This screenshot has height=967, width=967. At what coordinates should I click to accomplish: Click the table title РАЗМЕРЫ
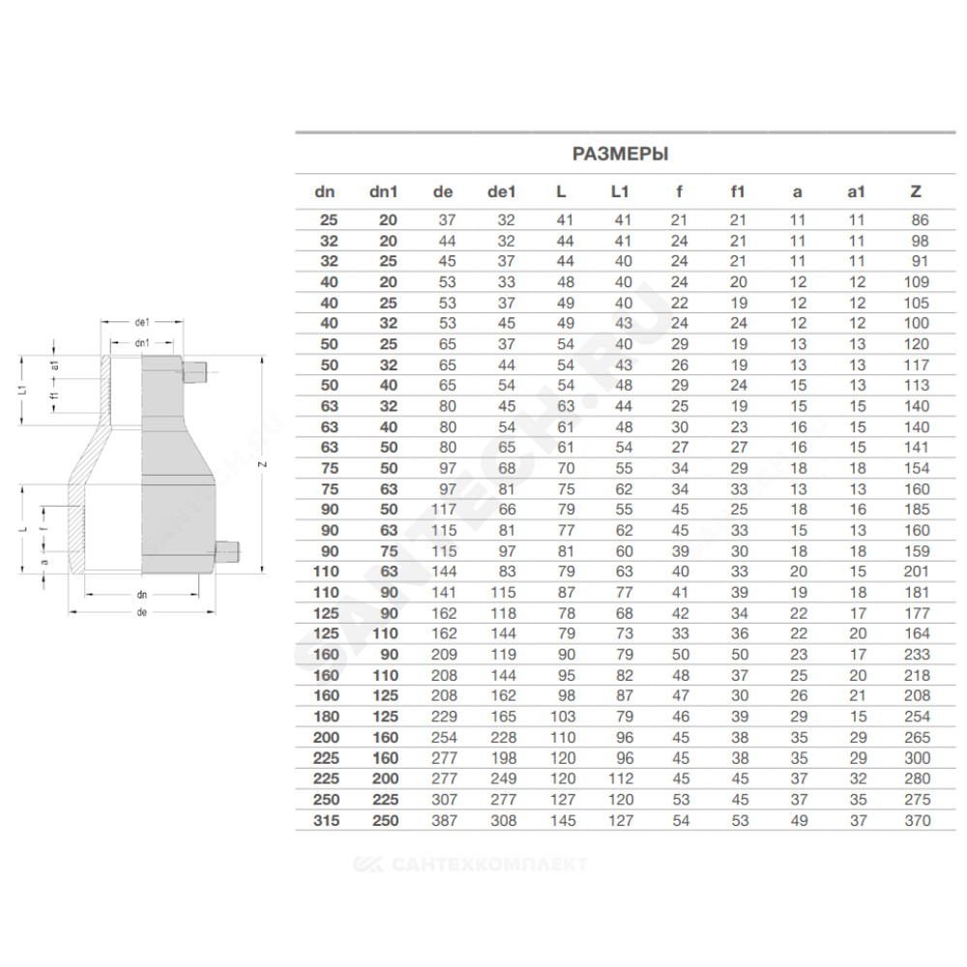621,154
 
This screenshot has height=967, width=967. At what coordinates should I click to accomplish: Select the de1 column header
501,191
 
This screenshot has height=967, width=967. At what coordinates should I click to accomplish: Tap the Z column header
916,191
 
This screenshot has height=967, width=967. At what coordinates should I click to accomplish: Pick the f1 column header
738,191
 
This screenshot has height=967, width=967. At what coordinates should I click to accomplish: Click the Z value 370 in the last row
917,820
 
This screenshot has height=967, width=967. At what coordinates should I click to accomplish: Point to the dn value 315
326,820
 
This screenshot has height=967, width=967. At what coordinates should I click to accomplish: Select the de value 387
444,820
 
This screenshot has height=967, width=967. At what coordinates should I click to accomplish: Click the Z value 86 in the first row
921,220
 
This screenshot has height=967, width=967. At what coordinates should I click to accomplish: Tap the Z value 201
917,571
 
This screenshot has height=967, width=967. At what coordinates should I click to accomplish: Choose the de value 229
444,717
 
